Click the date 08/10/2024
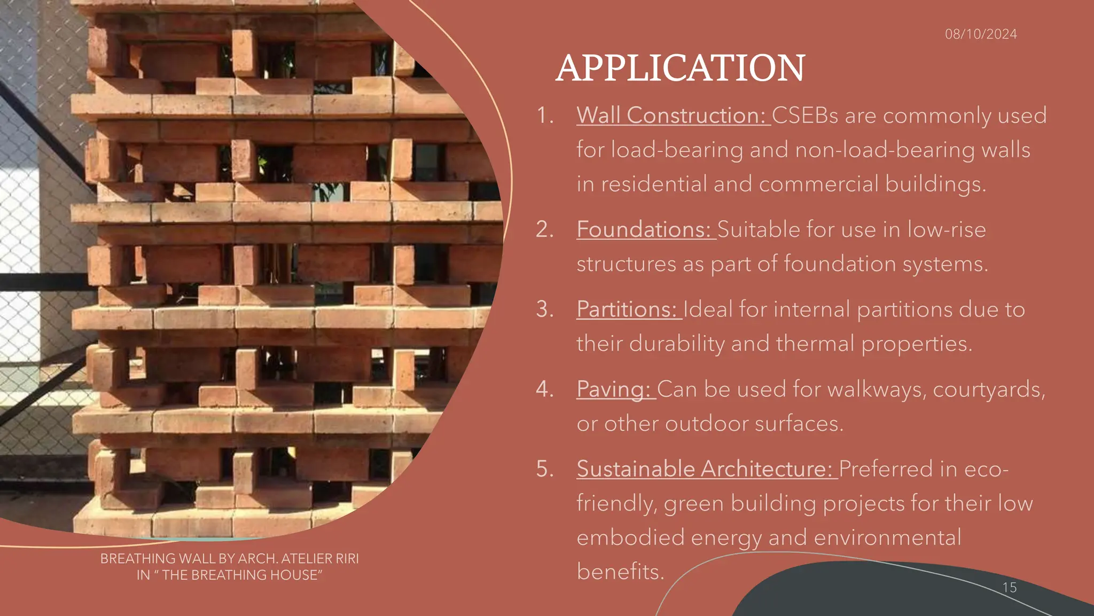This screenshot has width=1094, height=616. (x=981, y=34)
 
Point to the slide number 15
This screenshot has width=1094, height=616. (x=1009, y=588)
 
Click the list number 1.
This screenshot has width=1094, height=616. (x=544, y=115)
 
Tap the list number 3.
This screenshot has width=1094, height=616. (x=545, y=309)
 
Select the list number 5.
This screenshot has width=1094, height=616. (x=545, y=469)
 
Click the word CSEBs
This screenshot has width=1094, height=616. (x=805, y=115)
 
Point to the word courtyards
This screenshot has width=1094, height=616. (x=988, y=389)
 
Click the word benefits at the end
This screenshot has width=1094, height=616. (x=620, y=572)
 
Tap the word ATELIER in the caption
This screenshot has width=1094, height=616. (x=305, y=559)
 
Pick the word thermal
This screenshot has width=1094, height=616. (x=815, y=343)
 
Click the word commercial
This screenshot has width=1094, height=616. (x=818, y=184)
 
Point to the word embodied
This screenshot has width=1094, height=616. (x=630, y=537)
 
